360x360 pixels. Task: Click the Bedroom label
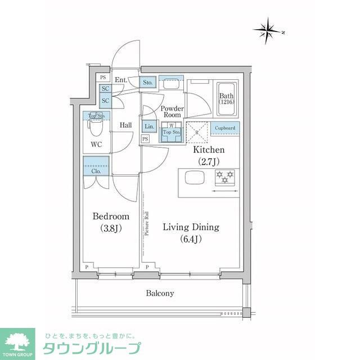(x=111, y=222)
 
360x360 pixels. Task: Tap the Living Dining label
(x=191, y=233)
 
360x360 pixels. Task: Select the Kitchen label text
(x=209, y=156)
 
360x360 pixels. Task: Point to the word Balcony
(x=160, y=293)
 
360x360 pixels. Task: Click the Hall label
(x=125, y=125)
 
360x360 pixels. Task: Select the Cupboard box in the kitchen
(x=225, y=128)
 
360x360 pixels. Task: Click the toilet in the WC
(x=96, y=129)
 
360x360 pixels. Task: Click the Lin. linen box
(x=148, y=127)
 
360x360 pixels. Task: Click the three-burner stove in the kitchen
(x=223, y=178)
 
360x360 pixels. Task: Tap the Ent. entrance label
(x=121, y=80)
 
